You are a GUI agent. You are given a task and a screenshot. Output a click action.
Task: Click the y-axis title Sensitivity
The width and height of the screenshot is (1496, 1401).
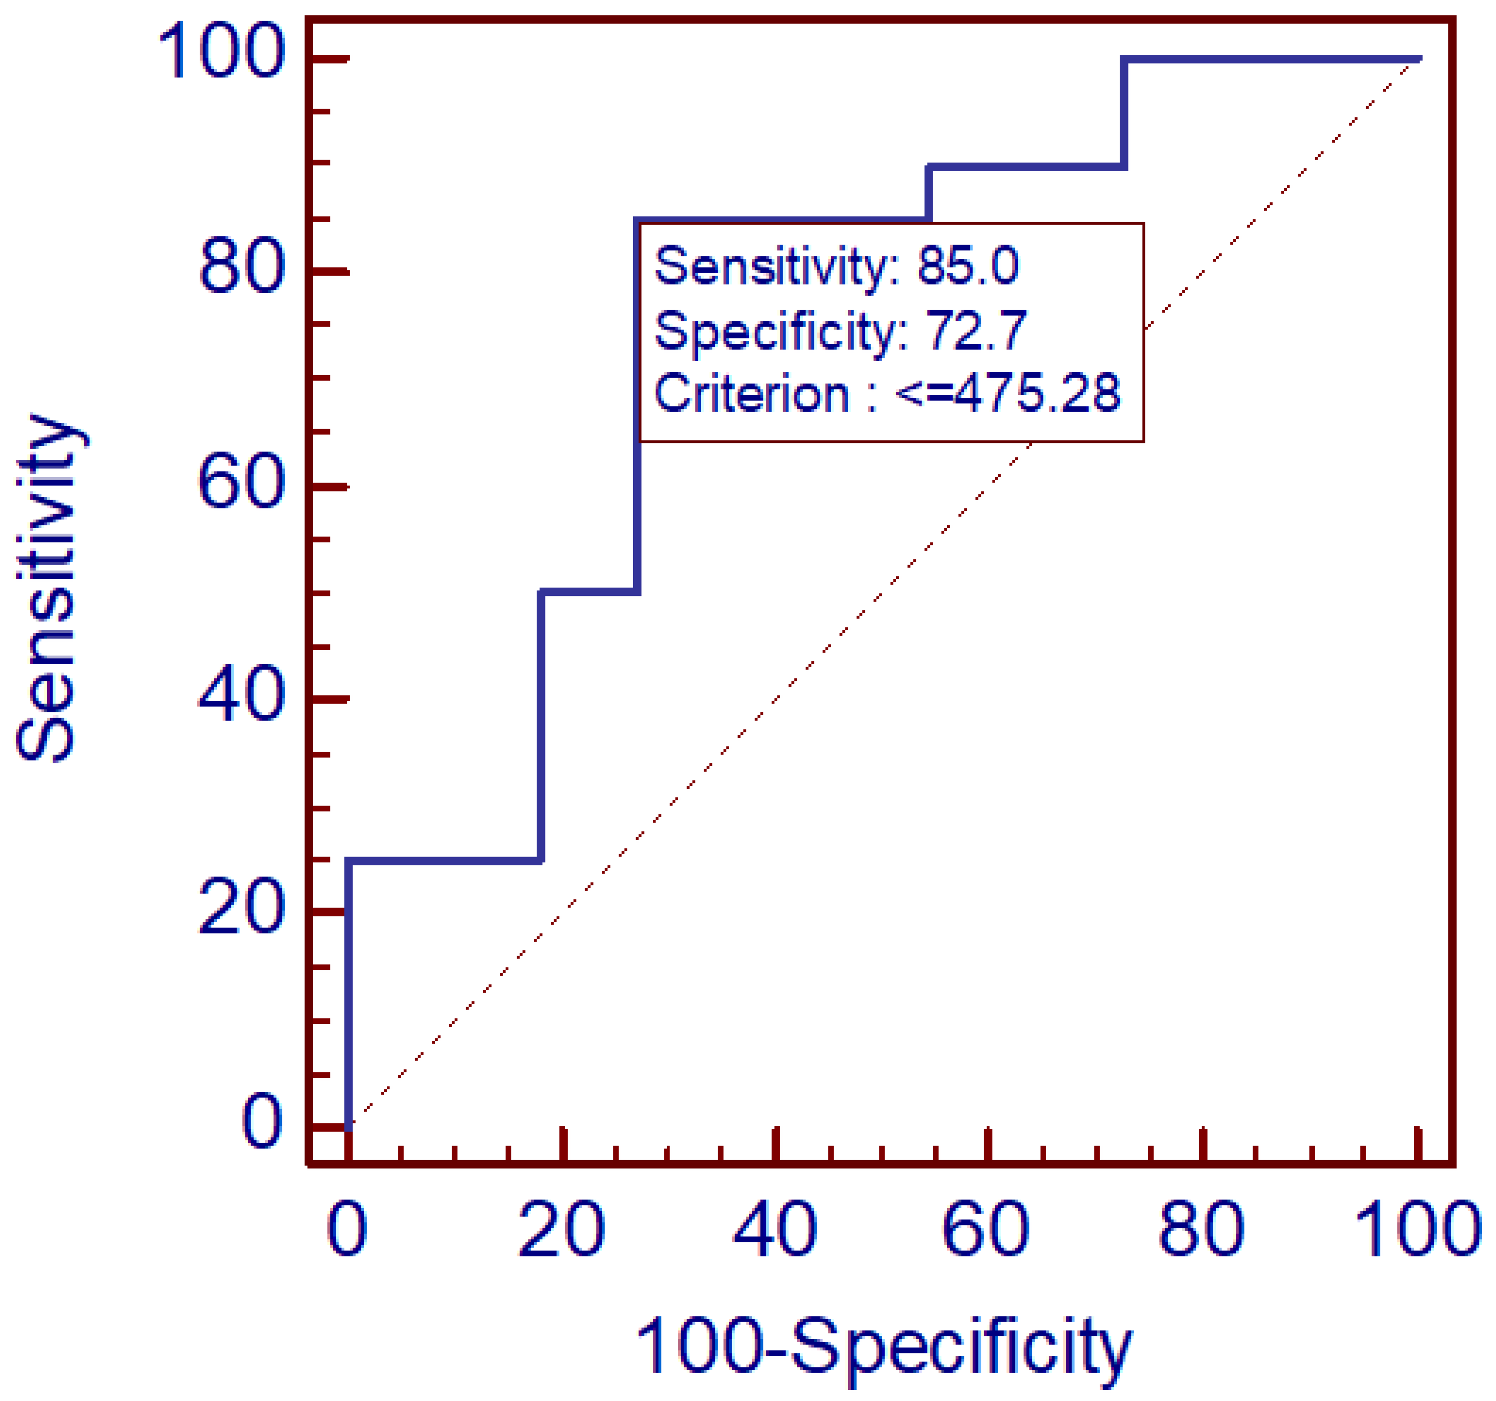click(x=47, y=587)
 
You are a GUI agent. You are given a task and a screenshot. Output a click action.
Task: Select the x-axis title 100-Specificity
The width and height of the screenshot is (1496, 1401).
click(x=884, y=1347)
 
